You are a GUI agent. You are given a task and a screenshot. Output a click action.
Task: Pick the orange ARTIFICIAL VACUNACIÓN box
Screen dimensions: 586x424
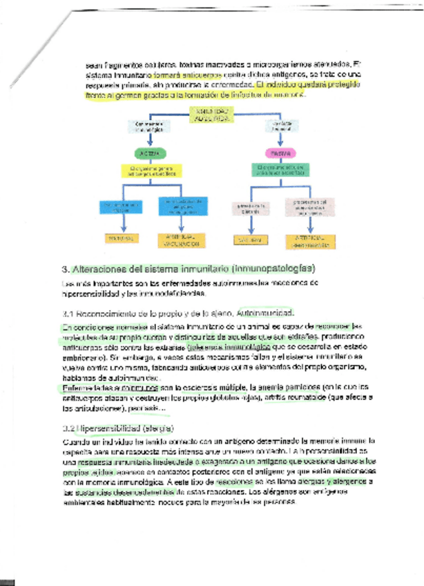click(x=182, y=240)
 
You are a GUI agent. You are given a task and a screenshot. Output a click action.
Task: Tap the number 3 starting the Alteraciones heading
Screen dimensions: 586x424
click(x=64, y=268)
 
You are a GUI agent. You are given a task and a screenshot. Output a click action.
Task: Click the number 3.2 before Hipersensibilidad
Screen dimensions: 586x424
click(x=69, y=428)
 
